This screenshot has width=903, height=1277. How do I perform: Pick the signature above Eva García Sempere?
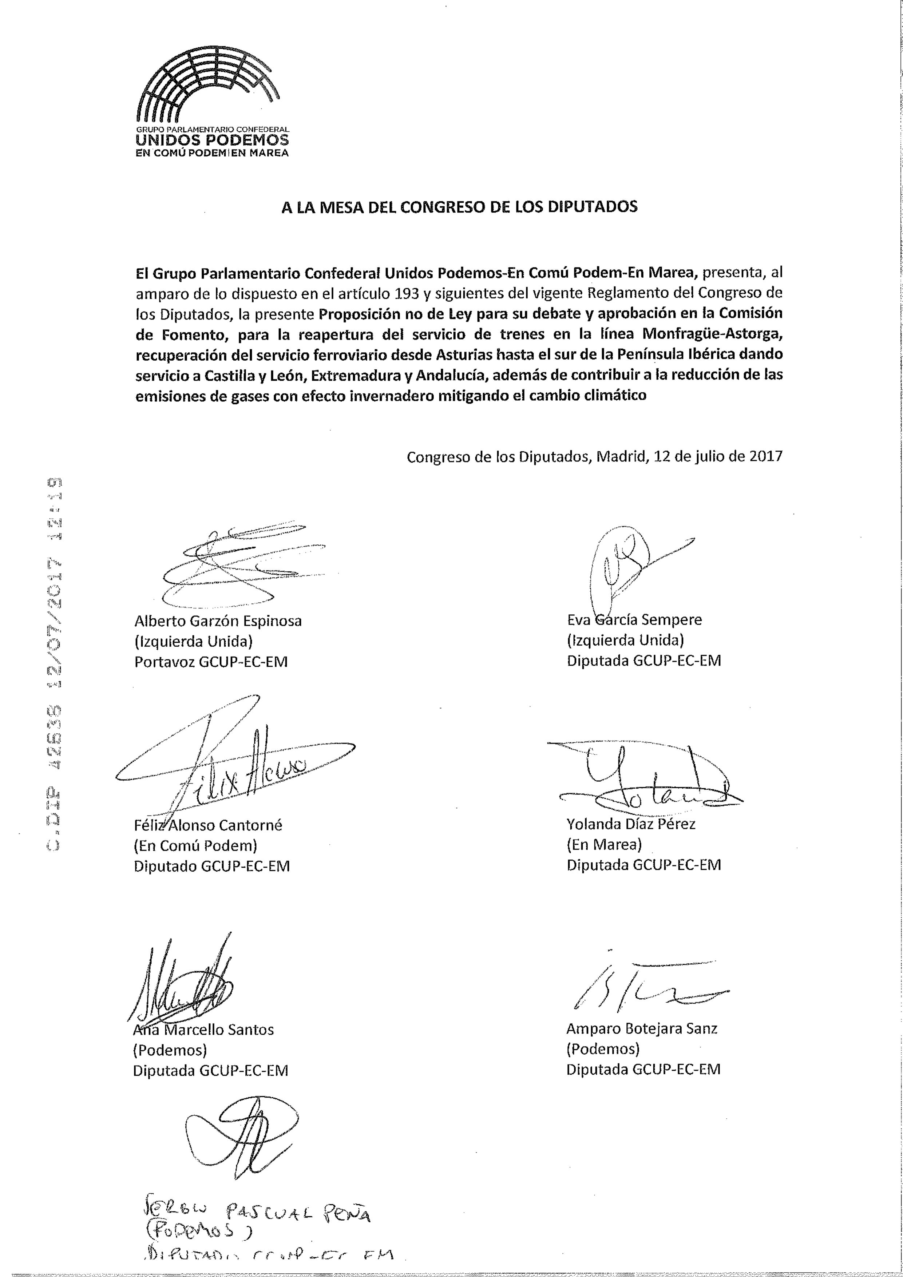[x=634, y=562]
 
